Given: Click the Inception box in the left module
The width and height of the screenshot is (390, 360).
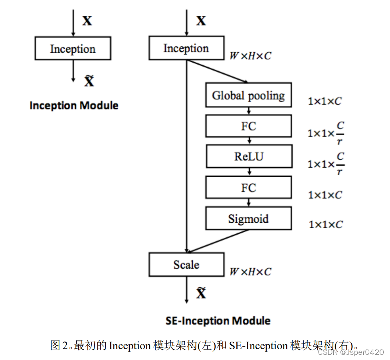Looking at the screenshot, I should [73, 49].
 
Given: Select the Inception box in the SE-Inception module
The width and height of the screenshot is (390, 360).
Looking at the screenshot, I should [186, 49].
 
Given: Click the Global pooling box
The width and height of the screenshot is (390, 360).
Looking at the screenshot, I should [248, 95].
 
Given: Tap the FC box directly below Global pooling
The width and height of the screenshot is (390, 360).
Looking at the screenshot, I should [248, 127].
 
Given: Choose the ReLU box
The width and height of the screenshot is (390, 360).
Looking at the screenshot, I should [248, 156].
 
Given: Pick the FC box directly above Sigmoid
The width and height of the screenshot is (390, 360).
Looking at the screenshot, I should [248, 188].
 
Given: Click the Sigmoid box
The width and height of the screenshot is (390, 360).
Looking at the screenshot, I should [248, 219].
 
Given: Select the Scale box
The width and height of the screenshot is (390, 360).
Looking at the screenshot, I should [186, 265].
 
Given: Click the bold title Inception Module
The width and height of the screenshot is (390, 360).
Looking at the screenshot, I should [74, 106].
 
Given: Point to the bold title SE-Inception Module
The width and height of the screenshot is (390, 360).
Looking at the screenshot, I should [218, 320].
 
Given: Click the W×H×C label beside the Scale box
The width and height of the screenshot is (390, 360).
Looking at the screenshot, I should [250, 272].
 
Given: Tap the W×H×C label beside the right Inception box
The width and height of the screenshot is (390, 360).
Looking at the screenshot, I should [250, 56].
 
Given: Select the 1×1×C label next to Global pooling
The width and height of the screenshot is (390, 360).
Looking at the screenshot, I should [325, 101].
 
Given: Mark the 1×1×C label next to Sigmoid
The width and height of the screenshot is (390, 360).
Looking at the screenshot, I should [326, 225].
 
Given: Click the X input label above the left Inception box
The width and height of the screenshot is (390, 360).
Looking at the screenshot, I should [87, 21].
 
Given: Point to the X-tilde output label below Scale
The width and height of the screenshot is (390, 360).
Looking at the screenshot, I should [201, 293].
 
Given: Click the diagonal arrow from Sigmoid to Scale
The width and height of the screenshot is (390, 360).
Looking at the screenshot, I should [218, 241].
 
